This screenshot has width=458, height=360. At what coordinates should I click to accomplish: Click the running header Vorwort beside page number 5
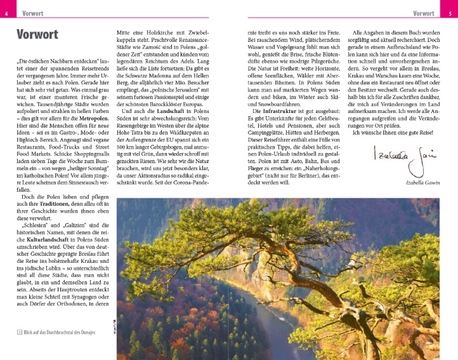[424, 13]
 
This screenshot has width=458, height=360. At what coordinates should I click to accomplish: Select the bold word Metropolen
[86, 117]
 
